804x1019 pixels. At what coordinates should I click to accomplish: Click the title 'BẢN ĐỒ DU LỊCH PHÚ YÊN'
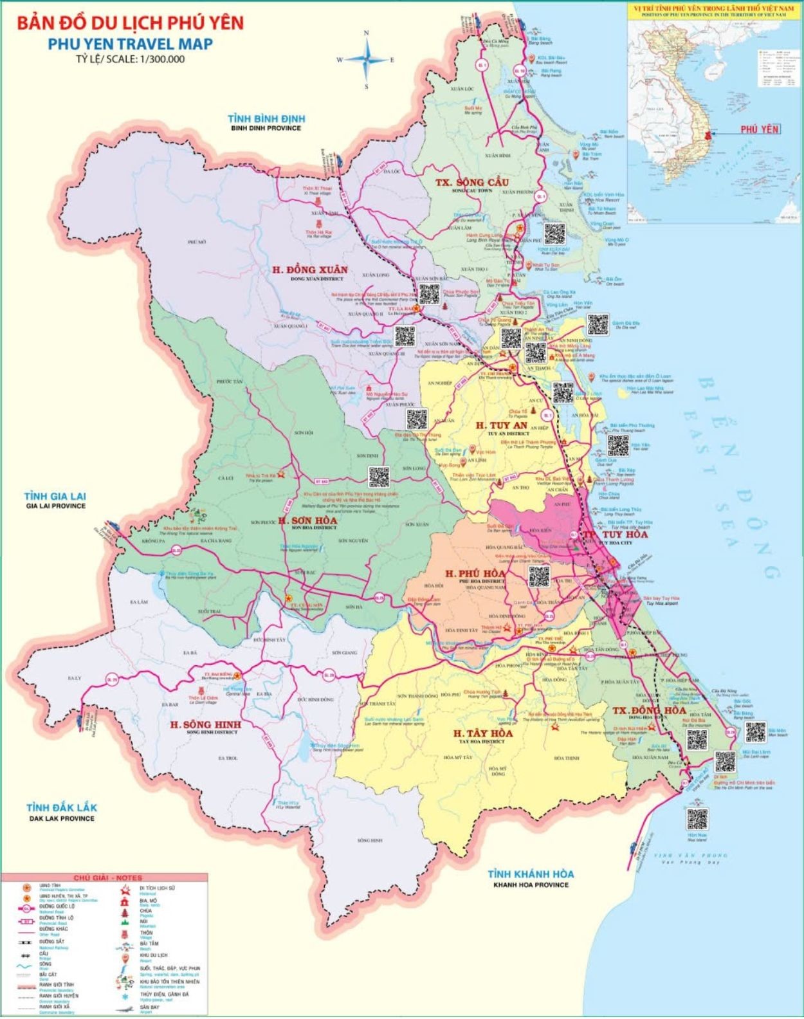(x=130, y=24)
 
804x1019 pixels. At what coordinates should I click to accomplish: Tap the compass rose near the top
(x=367, y=59)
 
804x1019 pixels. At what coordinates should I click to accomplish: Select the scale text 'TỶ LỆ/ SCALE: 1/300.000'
(x=130, y=59)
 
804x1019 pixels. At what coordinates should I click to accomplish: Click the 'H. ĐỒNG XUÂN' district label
(x=309, y=270)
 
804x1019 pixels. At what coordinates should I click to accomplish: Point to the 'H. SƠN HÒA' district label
(x=307, y=520)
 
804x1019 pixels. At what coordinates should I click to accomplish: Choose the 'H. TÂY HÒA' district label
(x=482, y=733)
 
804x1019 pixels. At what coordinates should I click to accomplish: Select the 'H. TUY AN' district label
(x=501, y=425)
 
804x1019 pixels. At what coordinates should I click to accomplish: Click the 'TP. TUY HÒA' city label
(x=615, y=535)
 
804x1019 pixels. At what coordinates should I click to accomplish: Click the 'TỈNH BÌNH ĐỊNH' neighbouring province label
(x=266, y=119)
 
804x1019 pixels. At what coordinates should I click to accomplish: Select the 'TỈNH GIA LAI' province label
(x=55, y=497)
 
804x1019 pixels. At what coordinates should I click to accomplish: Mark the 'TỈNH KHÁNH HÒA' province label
(x=531, y=874)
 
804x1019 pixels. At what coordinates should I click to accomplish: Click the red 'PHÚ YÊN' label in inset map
(x=759, y=129)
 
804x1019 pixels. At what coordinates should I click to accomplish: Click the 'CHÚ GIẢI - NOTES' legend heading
(x=107, y=878)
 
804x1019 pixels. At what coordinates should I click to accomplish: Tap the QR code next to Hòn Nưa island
(x=697, y=819)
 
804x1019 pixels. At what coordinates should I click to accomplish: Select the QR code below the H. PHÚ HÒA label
(x=539, y=576)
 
